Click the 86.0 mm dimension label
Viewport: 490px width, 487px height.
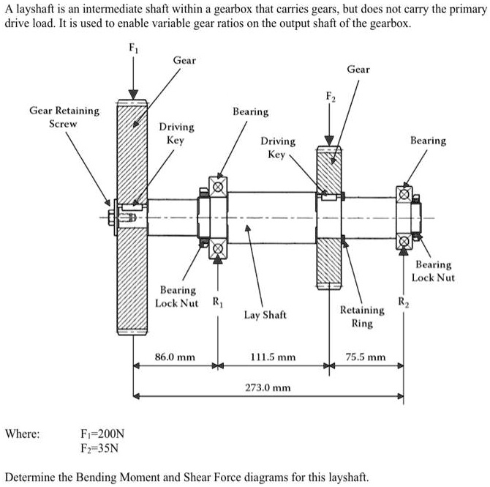(175, 357)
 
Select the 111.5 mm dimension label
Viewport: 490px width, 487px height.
(273, 357)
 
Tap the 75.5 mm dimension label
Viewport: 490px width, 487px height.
(366, 357)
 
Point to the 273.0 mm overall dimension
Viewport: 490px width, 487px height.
(267, 387)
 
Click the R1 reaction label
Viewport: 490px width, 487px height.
(217, 301)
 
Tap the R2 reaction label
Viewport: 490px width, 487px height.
(402, 301)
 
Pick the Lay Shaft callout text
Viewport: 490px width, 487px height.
(265, 315)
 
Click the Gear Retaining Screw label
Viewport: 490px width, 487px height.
(64, 116)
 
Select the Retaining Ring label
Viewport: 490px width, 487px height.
(362, 316)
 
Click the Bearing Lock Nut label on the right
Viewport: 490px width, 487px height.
(433, 271)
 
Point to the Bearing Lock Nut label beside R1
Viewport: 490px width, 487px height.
(177, 297)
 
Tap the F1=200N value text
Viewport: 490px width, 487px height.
(102, 434)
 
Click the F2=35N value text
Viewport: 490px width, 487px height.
(100, 447)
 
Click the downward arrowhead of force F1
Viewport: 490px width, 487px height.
(132, 92)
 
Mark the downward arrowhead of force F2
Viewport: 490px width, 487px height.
(329, 141)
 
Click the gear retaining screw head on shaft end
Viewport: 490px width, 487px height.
(111, 218)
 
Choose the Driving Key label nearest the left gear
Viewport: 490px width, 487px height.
(175, 133)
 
